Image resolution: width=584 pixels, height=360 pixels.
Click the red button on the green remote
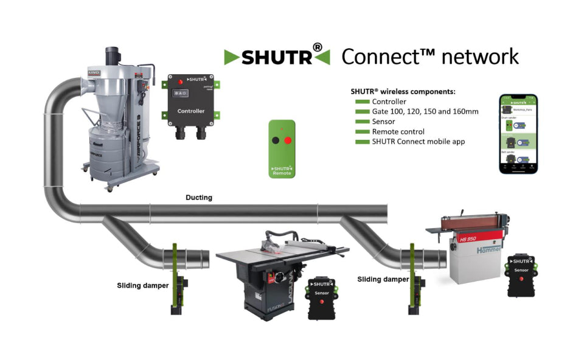pos(288,140)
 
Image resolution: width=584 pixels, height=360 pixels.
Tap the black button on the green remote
pos(276,140)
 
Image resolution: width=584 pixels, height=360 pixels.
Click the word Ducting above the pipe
pos(199,198)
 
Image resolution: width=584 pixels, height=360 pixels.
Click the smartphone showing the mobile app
pos(518,134)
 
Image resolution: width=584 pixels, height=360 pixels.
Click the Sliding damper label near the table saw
pos(143,285)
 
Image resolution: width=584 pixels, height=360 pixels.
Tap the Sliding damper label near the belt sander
pos(383,279)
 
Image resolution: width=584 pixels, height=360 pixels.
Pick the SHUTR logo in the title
pos(277,57)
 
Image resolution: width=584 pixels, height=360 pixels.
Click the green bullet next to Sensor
pos(362,122)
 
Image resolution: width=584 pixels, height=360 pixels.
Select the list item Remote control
pos(398,131)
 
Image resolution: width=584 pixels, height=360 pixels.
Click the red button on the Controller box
pos(179,81)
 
